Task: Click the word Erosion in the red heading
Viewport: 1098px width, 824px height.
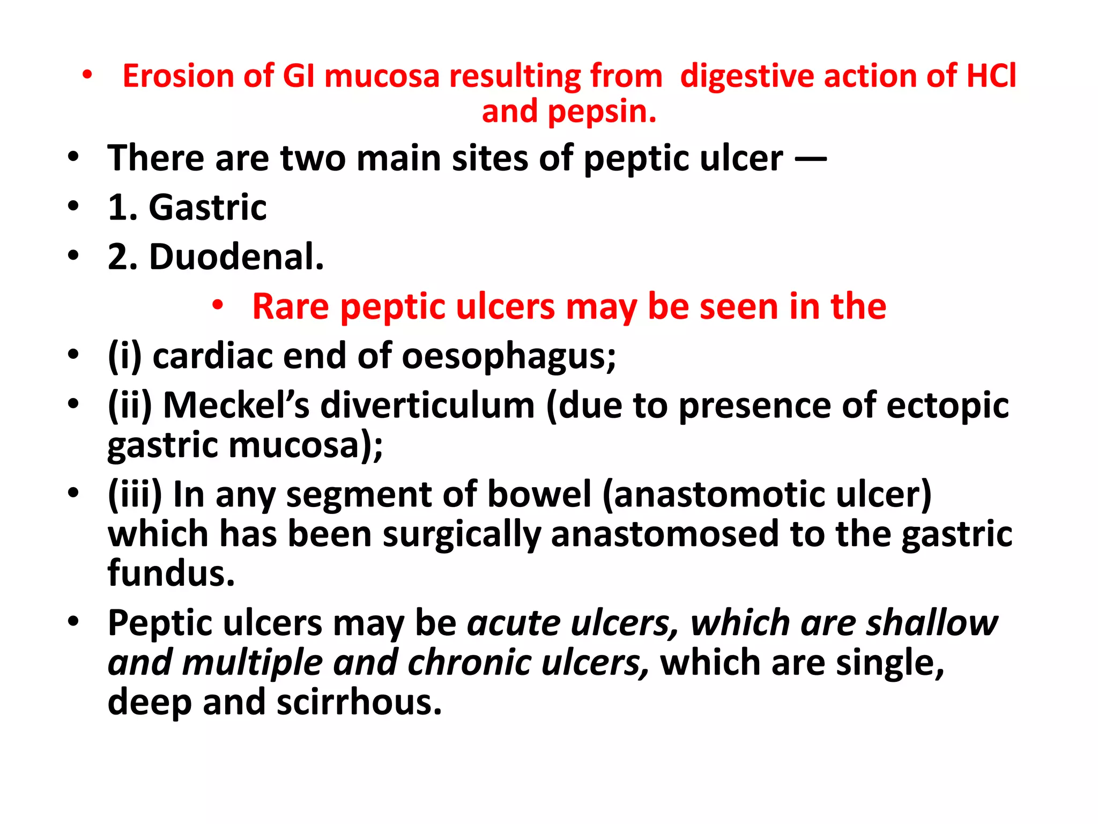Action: pos(178,76)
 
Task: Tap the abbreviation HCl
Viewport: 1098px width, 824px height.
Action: pos(991,76)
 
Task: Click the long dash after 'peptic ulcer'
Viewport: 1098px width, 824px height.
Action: pos(810,159)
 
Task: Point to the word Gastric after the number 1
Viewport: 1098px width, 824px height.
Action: pos(207,208)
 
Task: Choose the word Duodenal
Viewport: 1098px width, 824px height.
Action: pos(236,257)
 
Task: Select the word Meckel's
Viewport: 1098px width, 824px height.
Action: pos(236,405)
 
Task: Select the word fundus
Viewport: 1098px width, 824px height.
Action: pos(171,573)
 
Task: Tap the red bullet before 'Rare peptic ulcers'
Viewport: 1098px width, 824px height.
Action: pos(217,305)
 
